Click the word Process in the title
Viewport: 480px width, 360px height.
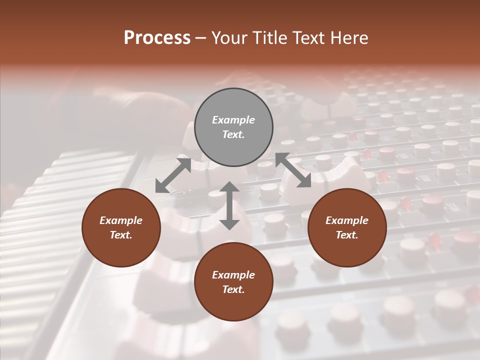click(157, 38)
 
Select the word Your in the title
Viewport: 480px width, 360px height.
click(230, 38)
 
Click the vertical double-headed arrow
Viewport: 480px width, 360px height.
click(229, 205)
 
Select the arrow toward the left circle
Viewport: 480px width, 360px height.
click(173, 175)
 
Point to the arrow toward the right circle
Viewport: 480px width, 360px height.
click(293, 170)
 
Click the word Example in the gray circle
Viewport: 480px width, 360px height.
click(233, 120)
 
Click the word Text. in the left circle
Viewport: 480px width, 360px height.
click(121, 235)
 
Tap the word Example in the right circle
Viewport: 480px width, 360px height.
click(347, 220)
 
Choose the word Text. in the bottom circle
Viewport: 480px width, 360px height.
click(233, 289)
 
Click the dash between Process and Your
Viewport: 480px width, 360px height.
click(200, 38)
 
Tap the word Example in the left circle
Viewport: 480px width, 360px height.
click(121, 220)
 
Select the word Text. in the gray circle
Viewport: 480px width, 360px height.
click(233, 134)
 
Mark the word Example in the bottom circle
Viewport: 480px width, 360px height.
click(233, 275)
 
